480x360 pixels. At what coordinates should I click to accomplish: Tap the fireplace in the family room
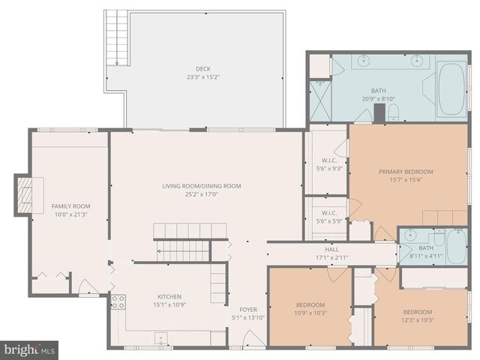25,195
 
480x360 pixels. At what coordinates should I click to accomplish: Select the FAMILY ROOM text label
70,206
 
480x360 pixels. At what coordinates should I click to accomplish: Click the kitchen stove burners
118,301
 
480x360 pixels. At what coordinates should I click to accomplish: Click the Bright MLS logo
30,349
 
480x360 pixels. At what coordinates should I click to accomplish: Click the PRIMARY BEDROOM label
406,172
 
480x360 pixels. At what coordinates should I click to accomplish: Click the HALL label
331,249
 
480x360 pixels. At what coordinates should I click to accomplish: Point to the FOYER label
248,309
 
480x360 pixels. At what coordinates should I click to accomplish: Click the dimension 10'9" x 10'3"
310,313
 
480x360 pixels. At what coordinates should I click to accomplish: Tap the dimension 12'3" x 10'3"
418,320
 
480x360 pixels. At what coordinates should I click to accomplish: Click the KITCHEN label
169,296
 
